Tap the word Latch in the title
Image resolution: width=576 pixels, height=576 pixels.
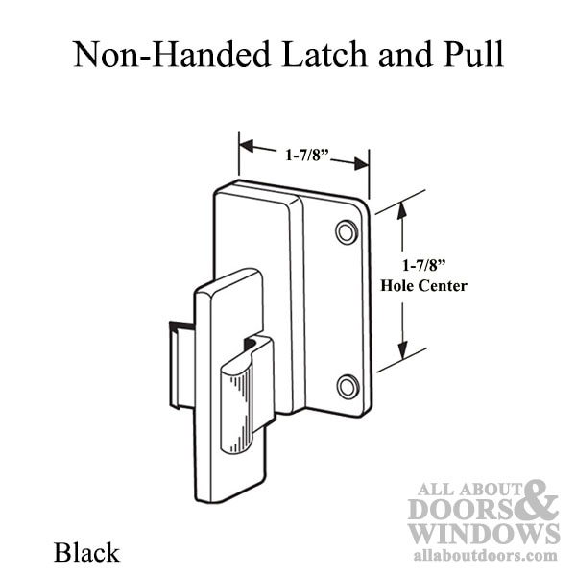pyautogui.click(x=324, y=55)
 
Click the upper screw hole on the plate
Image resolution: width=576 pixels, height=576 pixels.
pyautogui.click(x=347, y=232)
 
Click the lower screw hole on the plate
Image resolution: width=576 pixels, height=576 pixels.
pyautogui.click(x=348, y=387)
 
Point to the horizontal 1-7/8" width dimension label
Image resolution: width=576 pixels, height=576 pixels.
pyautogui.click(x=307, y=155)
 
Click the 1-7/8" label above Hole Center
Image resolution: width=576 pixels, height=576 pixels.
pyautogui.click(x=424, y=265)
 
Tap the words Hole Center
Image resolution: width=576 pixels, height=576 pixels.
pyautogui.click(x=423, y=285)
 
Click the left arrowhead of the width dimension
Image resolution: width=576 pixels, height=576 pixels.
pyautogui.click(x=247, y=146)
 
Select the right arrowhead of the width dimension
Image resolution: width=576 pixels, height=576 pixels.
pyautogui.click(x=362, y=163)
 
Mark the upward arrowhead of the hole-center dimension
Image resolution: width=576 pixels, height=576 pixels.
pyautogui.click(x=402, y=210)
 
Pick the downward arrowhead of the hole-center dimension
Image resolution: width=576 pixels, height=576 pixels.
pyautogui.click(x=403, y=350)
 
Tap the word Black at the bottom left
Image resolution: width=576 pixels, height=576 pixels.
pyautogui.click(x=86, y=553)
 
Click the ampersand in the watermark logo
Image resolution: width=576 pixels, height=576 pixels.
pyautogui.click(x=539, y=499)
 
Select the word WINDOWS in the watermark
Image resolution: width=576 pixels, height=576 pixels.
pyautogui.click(x=484, y=534)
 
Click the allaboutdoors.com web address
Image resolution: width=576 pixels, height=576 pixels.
pyautogui.click(x=485, y=556)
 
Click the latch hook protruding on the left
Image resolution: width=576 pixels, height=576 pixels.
pyautogui.click(x=181, y=365)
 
